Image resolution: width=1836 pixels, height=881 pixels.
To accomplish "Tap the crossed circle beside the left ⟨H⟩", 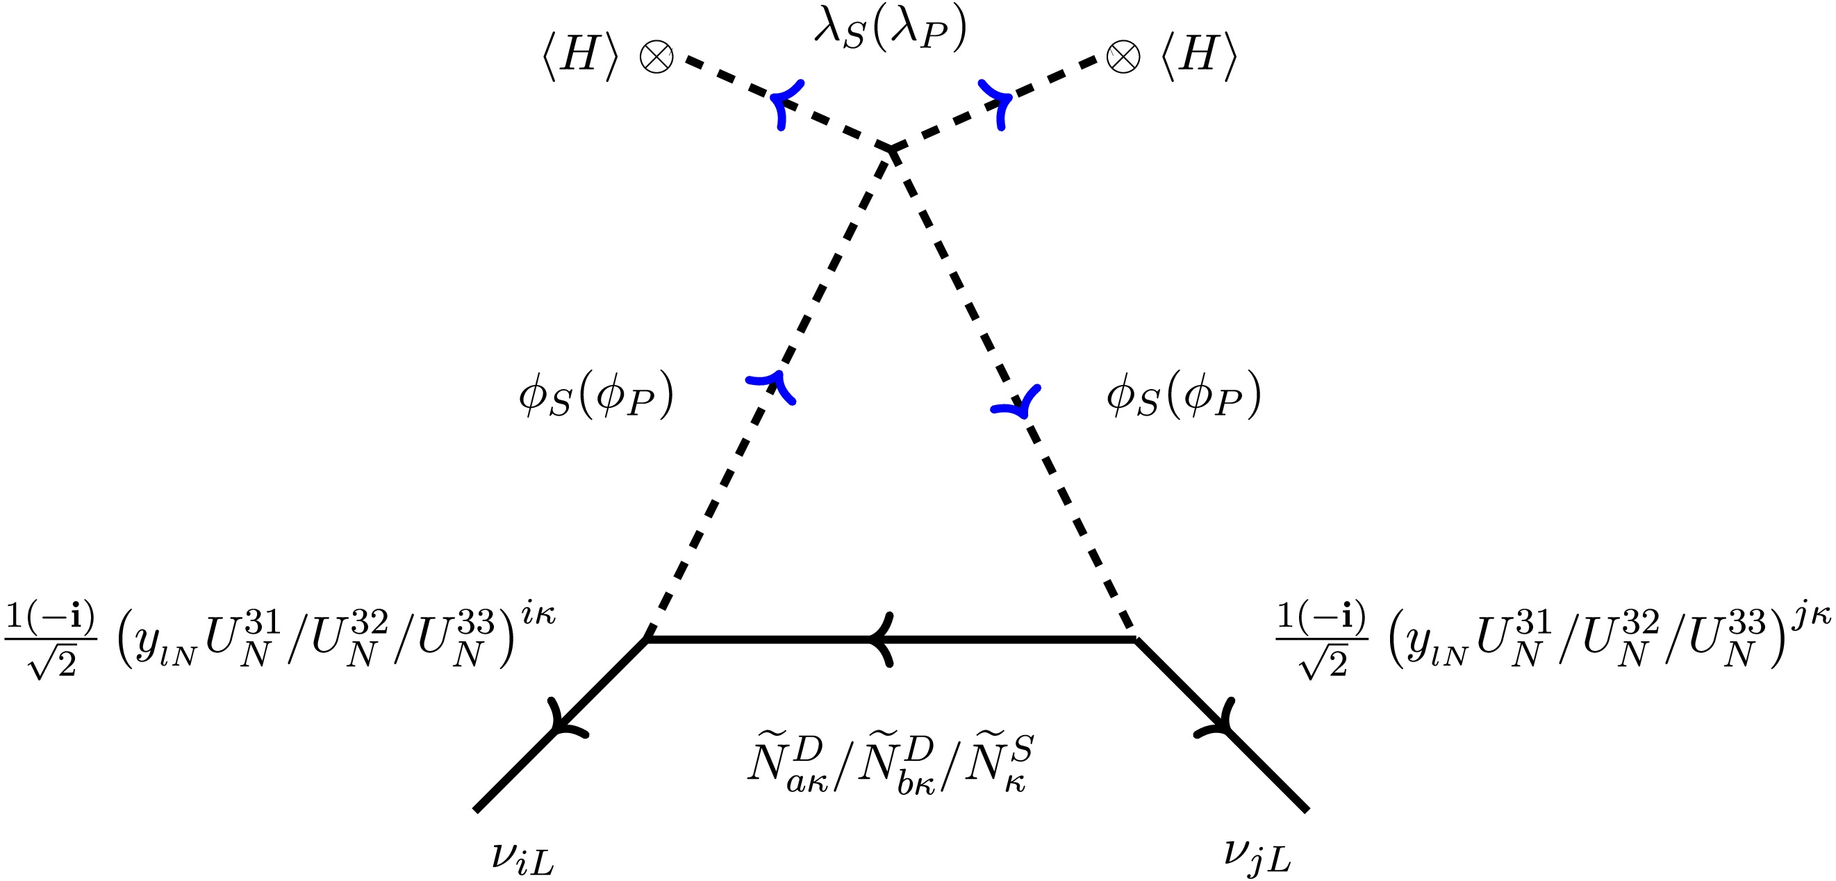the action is coord(656,56).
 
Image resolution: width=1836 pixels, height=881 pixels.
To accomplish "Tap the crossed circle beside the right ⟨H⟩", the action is coord(1123,56).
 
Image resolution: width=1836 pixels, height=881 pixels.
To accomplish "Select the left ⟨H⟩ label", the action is coord(579,56).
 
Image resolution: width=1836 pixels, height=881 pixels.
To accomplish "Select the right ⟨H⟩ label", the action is coord(1199,56).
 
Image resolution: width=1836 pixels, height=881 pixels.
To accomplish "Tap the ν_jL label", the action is coord(1257,855).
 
